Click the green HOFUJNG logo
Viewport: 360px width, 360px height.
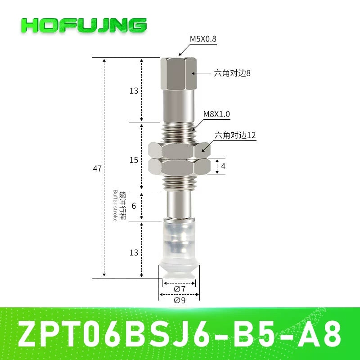point(84,25)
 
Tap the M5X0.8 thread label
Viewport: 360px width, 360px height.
point(203,39)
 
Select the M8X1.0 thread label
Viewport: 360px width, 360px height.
point(216,114)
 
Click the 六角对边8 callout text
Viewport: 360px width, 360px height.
point(232,73)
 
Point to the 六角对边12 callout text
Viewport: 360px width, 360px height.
point(235,135)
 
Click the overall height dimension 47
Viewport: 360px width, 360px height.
point(97,169)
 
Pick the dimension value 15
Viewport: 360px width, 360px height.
point(134,160)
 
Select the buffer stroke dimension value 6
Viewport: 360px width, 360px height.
point(134,206)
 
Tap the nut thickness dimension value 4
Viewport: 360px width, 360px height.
point(223,166)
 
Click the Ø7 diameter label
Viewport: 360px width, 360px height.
point(180,289)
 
